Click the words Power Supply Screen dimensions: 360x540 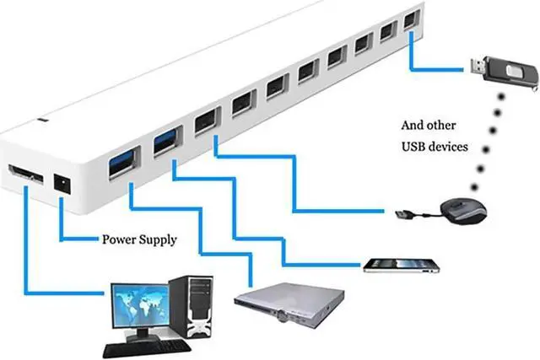(x=139, y=239)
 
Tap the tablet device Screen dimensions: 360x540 (x=402, y=266)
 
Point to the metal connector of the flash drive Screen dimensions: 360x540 (x=476, y=67)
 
